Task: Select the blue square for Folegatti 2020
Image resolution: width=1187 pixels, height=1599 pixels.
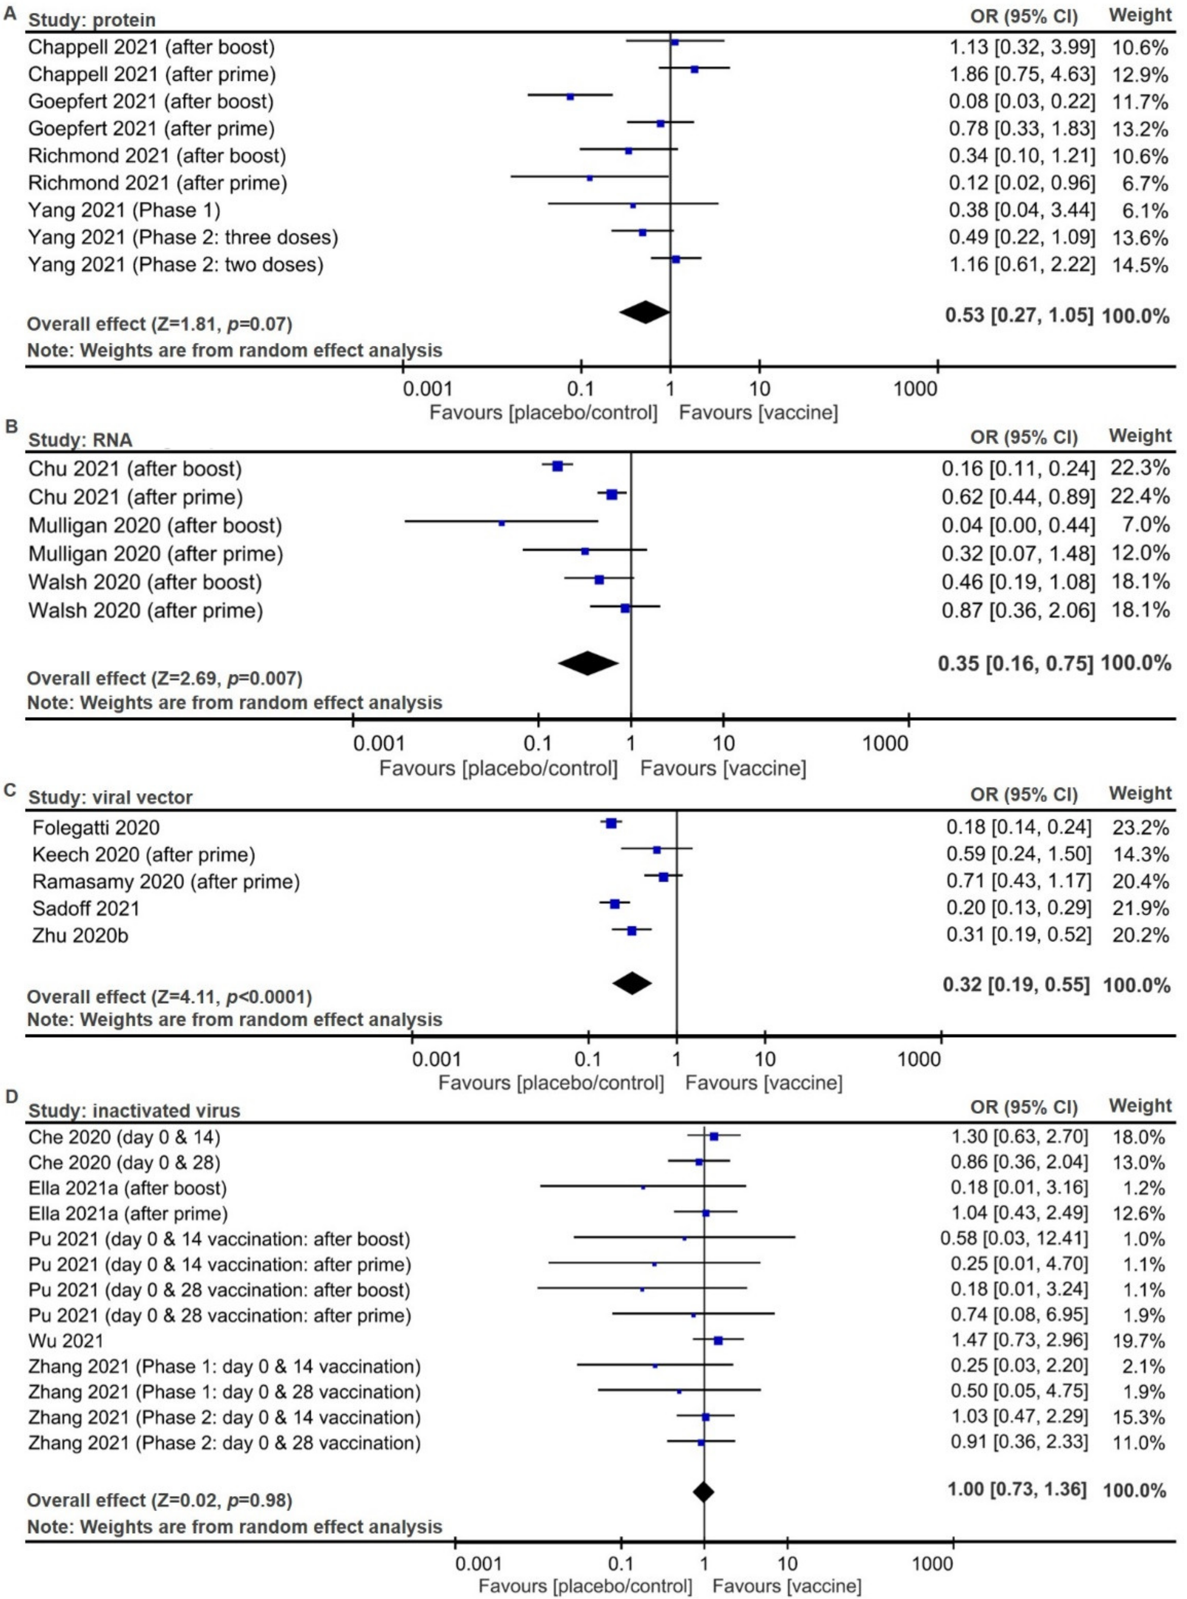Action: point(611,823)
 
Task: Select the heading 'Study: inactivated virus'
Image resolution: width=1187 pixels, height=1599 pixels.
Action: point(134,1111)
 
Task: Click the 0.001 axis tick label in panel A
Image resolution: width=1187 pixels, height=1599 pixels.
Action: point(428,390)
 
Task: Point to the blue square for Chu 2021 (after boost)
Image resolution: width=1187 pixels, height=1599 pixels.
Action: point(557,466)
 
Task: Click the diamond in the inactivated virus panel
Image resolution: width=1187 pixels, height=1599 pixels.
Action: point(703,1492)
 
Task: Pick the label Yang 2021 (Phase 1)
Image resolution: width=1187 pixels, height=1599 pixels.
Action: point(124,210)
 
